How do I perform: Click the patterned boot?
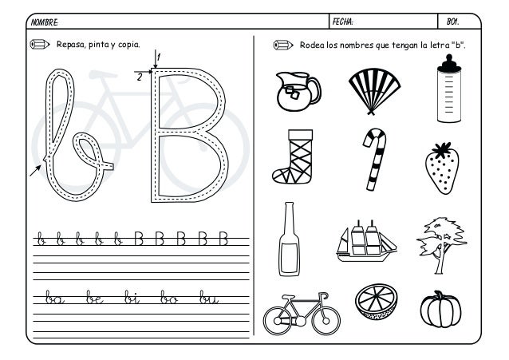tap(291, 156)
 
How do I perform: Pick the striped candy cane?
tap(373, 158)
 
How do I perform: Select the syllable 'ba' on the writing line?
tap(53, 299)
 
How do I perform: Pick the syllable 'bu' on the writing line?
tap(210, 299)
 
